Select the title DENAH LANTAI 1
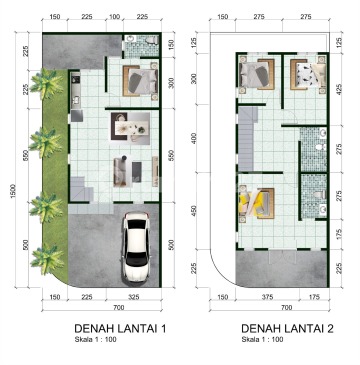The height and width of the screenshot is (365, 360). [120, 329]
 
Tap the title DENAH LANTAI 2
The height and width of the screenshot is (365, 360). [287, 329]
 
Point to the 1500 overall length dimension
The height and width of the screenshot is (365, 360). [13, 193]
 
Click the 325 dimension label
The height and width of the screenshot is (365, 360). [134, 297]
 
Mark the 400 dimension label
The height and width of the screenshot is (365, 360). [194, 139]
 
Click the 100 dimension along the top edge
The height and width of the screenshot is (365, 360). [114, 17]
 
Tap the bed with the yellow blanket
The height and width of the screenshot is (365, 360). [257, 203]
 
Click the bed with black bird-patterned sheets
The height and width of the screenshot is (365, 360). [308, 74]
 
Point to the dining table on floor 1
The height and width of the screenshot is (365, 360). [131, 127]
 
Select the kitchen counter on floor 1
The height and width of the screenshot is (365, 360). [75, 91]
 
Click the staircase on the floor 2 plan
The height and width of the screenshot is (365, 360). [248, 138]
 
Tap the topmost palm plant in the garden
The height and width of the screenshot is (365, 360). [47, 84]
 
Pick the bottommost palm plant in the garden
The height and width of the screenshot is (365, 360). [47, 259]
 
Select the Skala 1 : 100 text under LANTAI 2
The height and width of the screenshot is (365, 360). [262, 340]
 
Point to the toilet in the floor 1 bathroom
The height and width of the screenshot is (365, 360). [152, 40]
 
